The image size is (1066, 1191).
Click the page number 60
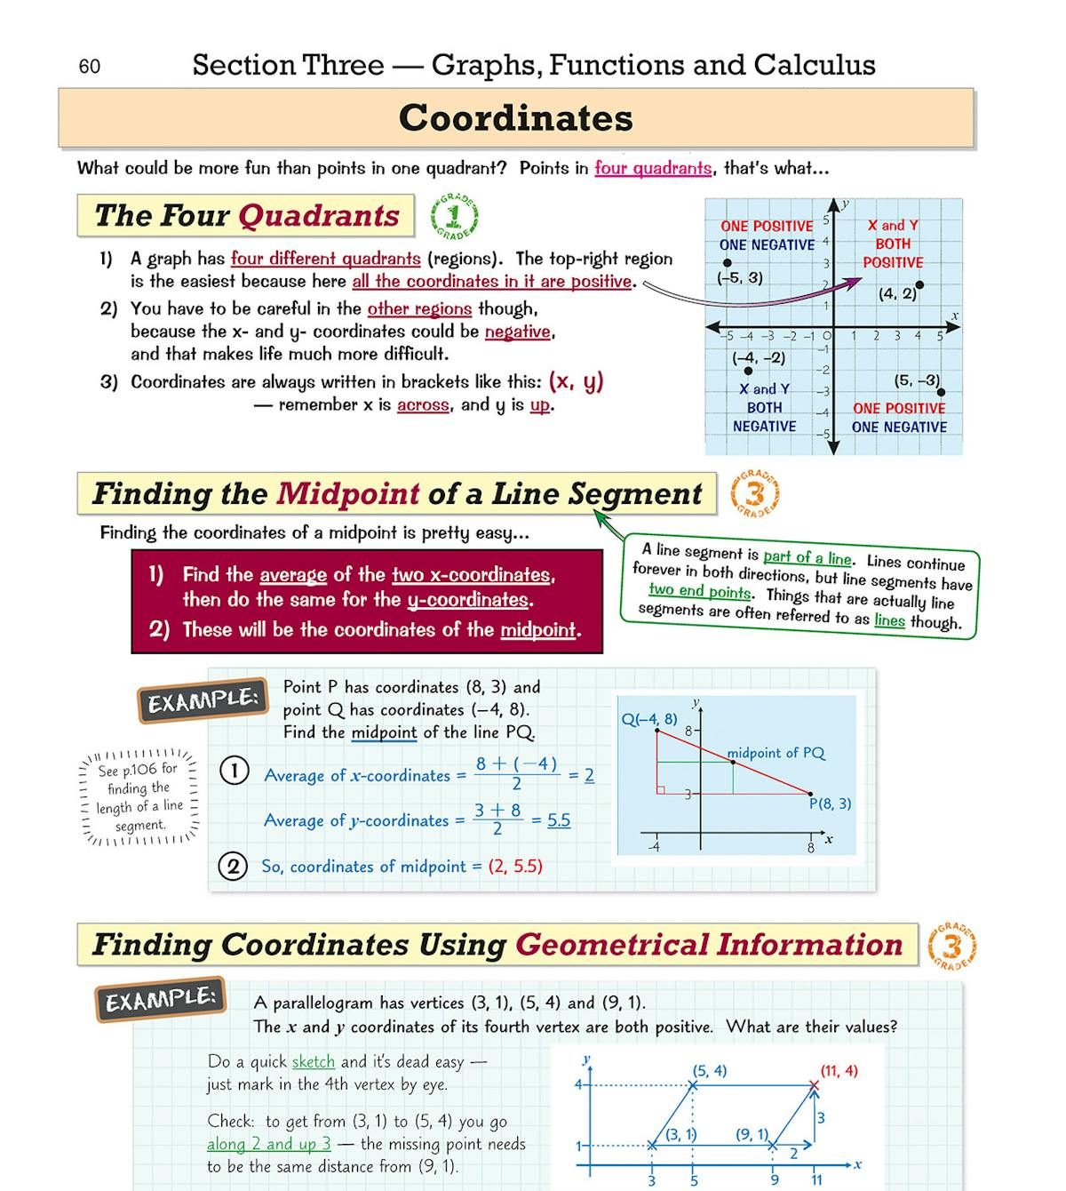(90, 67)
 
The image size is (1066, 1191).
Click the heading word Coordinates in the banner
(515, 118)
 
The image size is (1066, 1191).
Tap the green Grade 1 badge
(455, 216)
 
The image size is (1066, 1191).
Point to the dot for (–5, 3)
(728, 263)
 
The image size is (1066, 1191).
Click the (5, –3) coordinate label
(917, 380)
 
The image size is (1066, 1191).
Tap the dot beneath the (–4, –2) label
(748, 371)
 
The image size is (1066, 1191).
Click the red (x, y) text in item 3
(576, 381)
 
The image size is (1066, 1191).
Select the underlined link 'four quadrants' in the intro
(653, 168)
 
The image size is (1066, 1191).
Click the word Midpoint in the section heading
(347, 493)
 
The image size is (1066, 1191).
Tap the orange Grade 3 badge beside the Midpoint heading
(755, 494)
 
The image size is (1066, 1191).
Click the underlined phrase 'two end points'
(699, 590)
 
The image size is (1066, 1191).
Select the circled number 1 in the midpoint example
(234, 770)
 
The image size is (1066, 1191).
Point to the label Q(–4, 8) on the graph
(648, 719)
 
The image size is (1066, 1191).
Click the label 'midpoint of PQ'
(776, 753)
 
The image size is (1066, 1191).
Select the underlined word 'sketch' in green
(314, 1061)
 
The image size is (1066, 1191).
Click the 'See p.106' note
(139, 796)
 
